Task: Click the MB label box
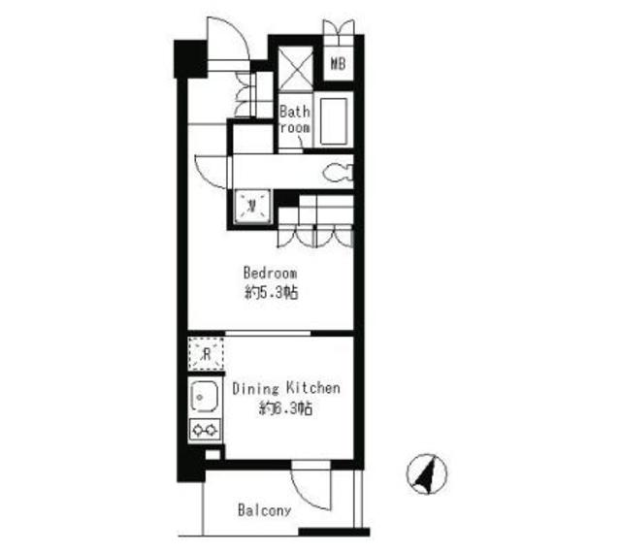click(x=339, y=66)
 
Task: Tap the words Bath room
click(x=295, y=119)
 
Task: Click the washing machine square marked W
click(x=252, y=204)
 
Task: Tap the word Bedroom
click(x=270, y=273)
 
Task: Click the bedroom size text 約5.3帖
click(x=270, y=291)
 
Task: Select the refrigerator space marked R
click(x=205, y=353)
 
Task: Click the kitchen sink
click(x=205, y=398)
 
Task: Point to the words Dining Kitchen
click(x=286, y=389)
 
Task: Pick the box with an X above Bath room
click(x=295, y=65)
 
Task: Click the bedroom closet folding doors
click(x=316, y=235)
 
